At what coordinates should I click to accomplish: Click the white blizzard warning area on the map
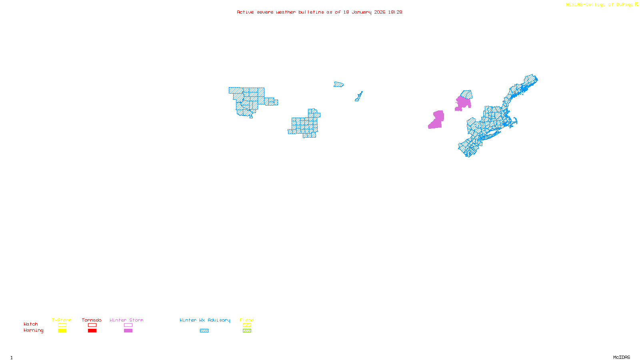271,93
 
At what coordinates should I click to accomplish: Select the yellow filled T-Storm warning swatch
62,331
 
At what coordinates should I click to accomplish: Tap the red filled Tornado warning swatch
92,331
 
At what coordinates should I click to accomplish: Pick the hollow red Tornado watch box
92,325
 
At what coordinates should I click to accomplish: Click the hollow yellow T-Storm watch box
62,325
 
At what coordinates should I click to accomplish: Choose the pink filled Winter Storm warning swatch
128,331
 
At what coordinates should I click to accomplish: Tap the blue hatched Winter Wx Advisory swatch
204,331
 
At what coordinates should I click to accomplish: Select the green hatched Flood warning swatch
247,331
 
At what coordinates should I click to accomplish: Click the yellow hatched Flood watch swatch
247,325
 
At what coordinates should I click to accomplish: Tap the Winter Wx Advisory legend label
205,320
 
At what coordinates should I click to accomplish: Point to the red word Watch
31,324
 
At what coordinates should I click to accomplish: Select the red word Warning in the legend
33,330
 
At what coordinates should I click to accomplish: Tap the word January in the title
361,12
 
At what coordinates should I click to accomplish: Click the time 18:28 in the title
395,12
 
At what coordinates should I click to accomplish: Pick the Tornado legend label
92,320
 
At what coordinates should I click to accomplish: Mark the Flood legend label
247,320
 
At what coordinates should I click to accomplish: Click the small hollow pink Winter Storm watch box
128,325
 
